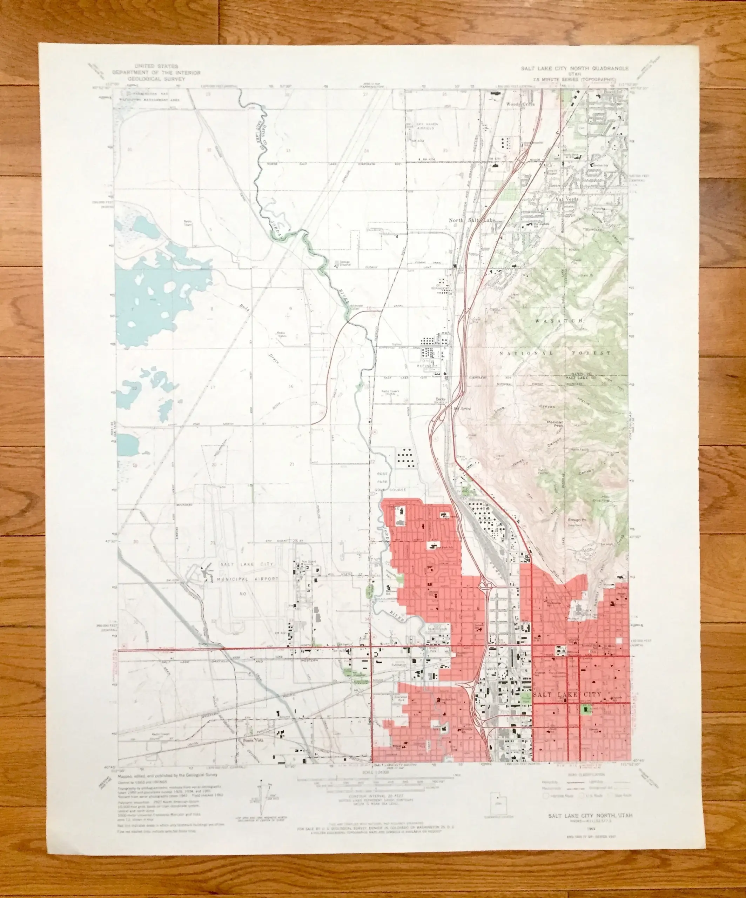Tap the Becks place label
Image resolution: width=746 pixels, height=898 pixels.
pyautogui.click(x=440, y=400)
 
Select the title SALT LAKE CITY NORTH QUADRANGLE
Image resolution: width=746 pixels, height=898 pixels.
pyautogui.click(x=574, y=68)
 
